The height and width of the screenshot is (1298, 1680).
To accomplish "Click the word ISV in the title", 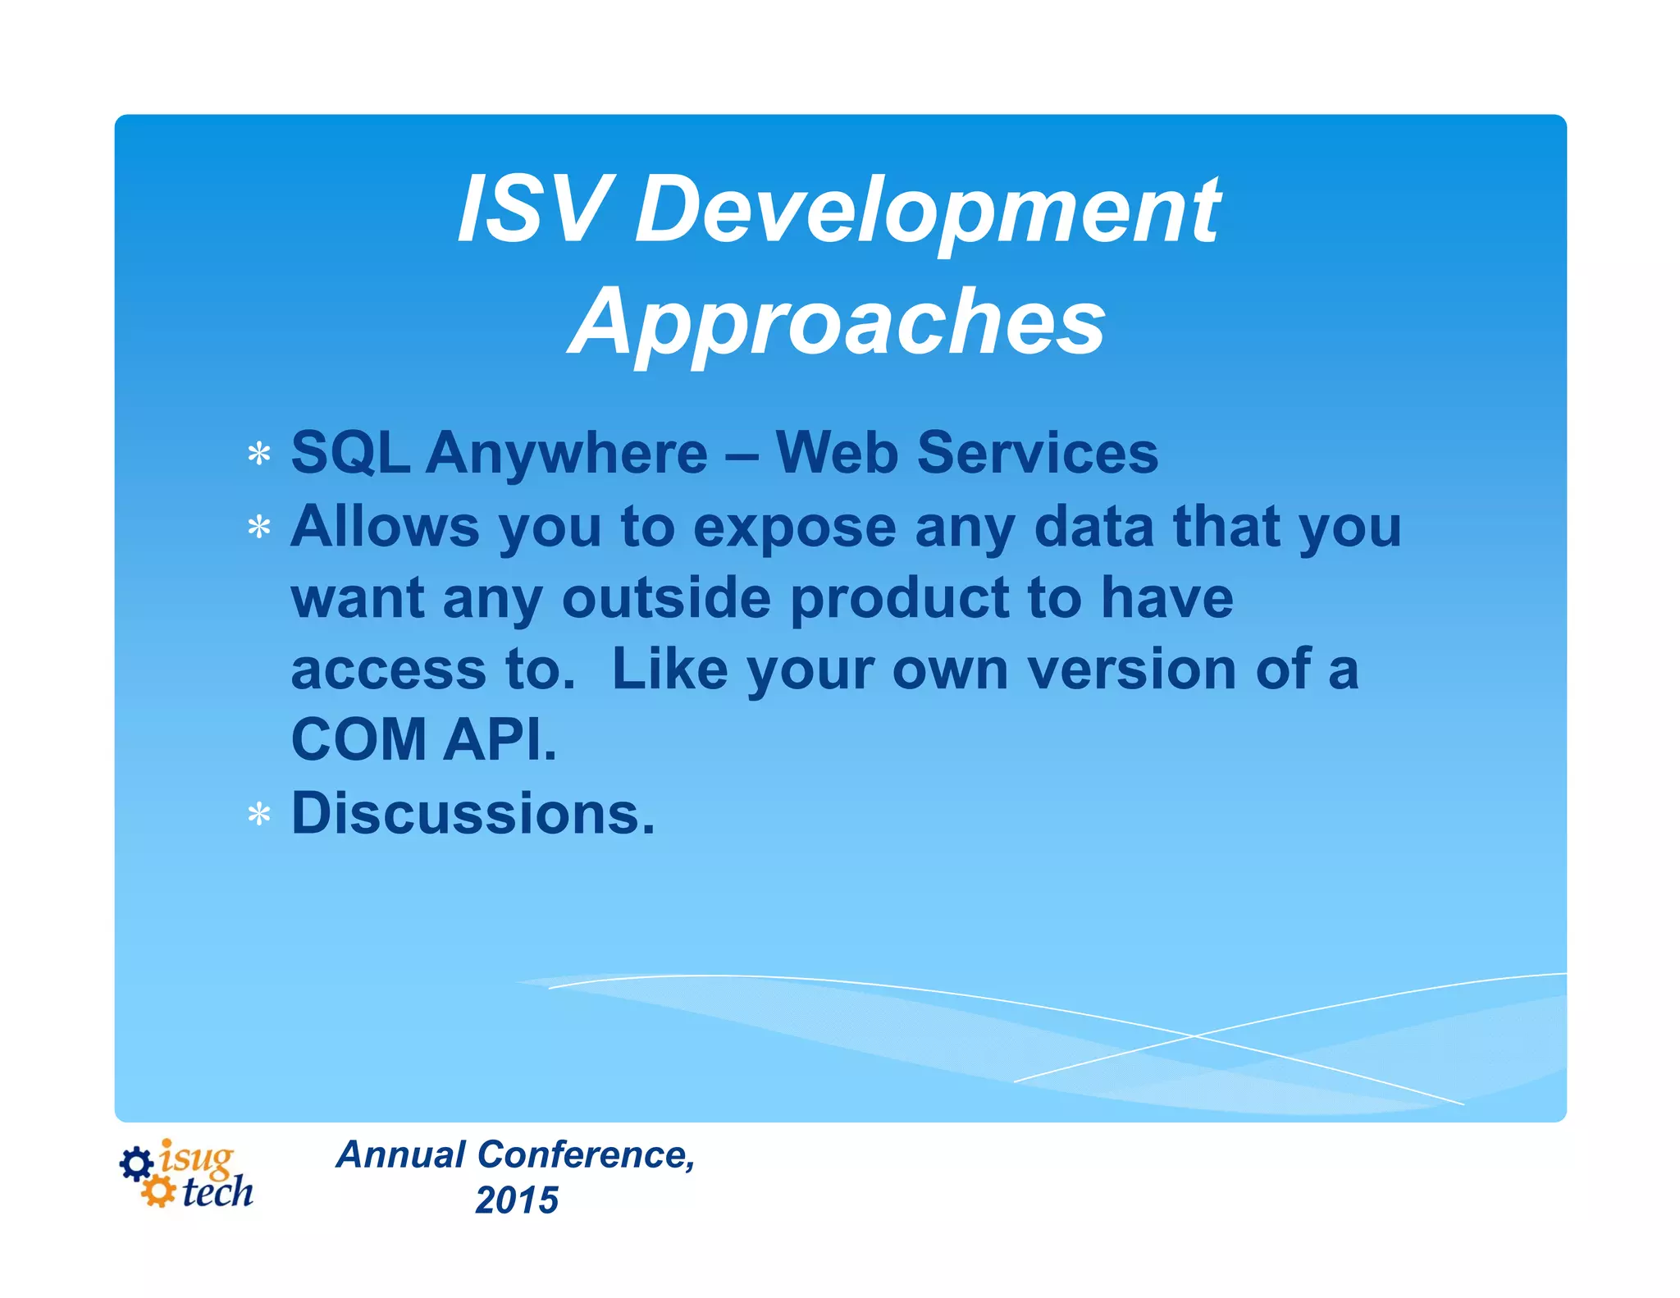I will [x=534, y=209].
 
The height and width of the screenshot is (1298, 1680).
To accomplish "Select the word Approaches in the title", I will [x=837, y=322].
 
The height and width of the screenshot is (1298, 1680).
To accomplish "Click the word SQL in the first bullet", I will [x=350, y=453].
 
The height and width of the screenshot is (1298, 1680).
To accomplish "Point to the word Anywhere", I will [x=566, y=455].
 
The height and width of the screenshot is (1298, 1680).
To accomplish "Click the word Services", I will [x=1037, y=453].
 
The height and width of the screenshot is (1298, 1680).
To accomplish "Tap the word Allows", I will [x=385, y=526].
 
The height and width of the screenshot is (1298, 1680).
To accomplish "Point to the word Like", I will [x=669, y=669].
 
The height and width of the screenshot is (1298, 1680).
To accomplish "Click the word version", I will [x=1131, y=670].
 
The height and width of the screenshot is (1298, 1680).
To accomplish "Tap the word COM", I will [x=358, y=740].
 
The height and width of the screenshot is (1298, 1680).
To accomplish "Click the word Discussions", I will [x=473, y=813].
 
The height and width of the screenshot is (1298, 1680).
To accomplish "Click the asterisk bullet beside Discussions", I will [x=259, y=815].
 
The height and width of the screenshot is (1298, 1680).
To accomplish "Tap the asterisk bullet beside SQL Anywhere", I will [x=259, y=454].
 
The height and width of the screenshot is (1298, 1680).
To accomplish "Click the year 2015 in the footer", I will [x=516, y=1200].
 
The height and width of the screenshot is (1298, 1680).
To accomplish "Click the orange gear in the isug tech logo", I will [x=157, y=1191].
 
